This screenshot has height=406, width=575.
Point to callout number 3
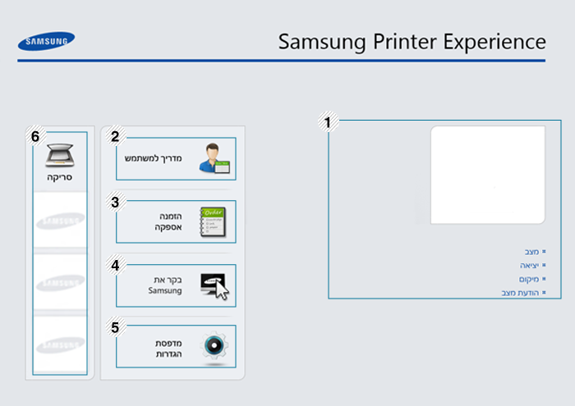[x=116, y=201]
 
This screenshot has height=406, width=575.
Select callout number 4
[x=116, y=265]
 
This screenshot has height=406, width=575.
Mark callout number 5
[x=116, y=326]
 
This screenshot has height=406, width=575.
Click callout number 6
[x=35, y=137]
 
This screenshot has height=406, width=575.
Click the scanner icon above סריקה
[x=60, y=156]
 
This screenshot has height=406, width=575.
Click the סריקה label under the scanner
[x=60, y=176]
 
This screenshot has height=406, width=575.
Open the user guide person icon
[x=214, y=158]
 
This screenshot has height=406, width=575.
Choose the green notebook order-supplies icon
[x=213, y=221]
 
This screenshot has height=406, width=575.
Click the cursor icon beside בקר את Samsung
[x=214, y=285]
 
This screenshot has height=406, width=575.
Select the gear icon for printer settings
[x=214, y=346]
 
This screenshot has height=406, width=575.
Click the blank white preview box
[x=487, y=175]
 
